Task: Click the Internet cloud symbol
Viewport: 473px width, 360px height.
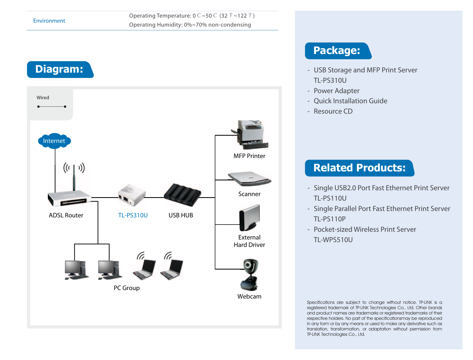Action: click(x=54, y=141)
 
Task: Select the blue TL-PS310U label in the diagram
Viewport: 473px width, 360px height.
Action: click(x=133, y=215)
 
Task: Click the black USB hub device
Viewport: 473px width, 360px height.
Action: click(x=183, y=195)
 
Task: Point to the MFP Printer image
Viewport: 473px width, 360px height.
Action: click(x=250, y=134)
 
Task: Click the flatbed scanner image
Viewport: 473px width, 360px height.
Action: click(x=249, y=179)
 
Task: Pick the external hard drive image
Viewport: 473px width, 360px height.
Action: click(x=249, y=218)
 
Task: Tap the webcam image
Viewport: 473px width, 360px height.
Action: click(x=249, y=275)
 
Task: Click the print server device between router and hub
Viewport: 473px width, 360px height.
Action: click(x=132, y=195)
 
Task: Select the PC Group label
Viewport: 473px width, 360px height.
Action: click(x=127, y=288)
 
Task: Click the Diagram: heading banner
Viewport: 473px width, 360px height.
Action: click(x=60, y=69)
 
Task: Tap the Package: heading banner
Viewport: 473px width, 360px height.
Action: click(x=338, y=51)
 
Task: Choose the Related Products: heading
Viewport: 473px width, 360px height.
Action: click(x=360, y=168)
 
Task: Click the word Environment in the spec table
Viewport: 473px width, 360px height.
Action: click(x=49, y=21)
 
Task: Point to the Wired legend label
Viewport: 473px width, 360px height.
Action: click(x=43, y=98)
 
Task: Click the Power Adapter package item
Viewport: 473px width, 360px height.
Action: click(x=336, y=91)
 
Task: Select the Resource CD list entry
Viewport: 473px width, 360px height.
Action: click(x=333, y=111)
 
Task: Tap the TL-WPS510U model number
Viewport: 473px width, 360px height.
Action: click(x=333, y=240)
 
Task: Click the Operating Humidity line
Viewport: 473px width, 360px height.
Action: click(x=190, y=25)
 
